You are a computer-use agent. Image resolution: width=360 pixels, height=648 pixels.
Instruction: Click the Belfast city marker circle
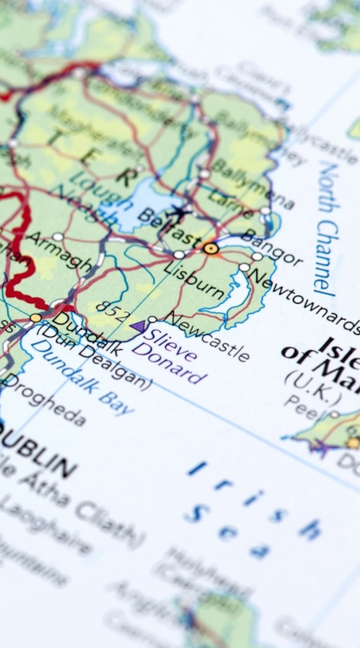pyautogui.click(x=210, y=248)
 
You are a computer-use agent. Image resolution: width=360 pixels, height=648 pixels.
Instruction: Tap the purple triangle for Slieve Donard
pyautogui.click(x=138, y=326)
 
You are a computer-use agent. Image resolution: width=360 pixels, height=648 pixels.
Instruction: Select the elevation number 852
pyautogui.click(x=112, y=312)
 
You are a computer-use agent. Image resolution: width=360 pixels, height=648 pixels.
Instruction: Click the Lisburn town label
pyautogui.click(x=193, y=279)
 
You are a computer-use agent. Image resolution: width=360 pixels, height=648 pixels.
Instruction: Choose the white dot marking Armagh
pyautogui.click(x=58, y=237)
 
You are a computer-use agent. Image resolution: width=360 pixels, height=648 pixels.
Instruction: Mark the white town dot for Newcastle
pyautogui.click(x=153, y=319)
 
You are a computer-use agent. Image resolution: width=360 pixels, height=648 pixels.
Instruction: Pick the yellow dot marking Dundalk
pyautogui.click(x=36, y=318)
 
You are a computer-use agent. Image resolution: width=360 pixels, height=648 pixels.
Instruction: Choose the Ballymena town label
pyautogui.click(x=252, y=185)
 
